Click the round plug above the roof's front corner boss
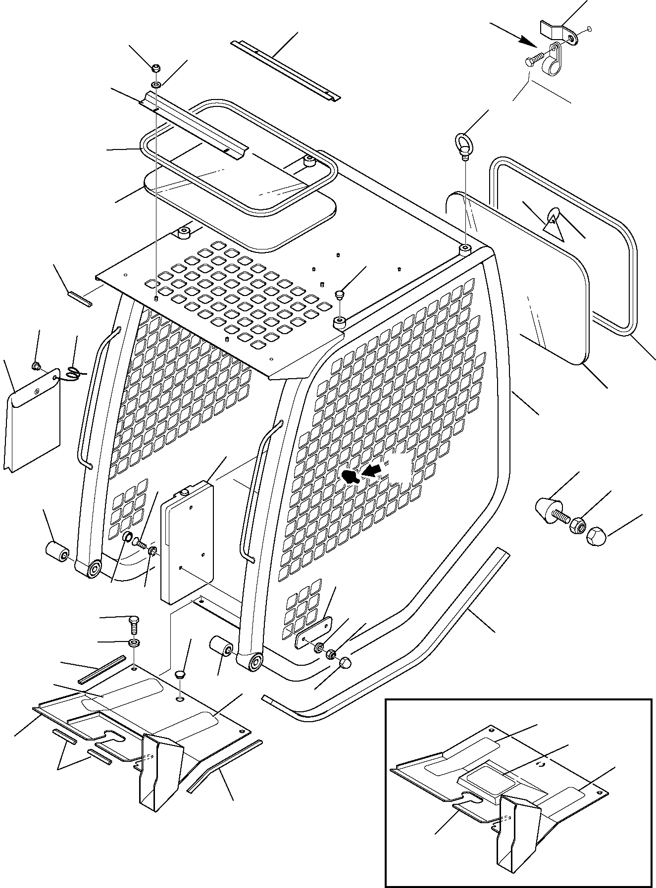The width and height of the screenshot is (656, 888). pos(339,295)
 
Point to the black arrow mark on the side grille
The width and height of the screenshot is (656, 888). pos(351,476)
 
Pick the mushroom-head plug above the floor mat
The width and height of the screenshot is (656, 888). pos(181,675)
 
